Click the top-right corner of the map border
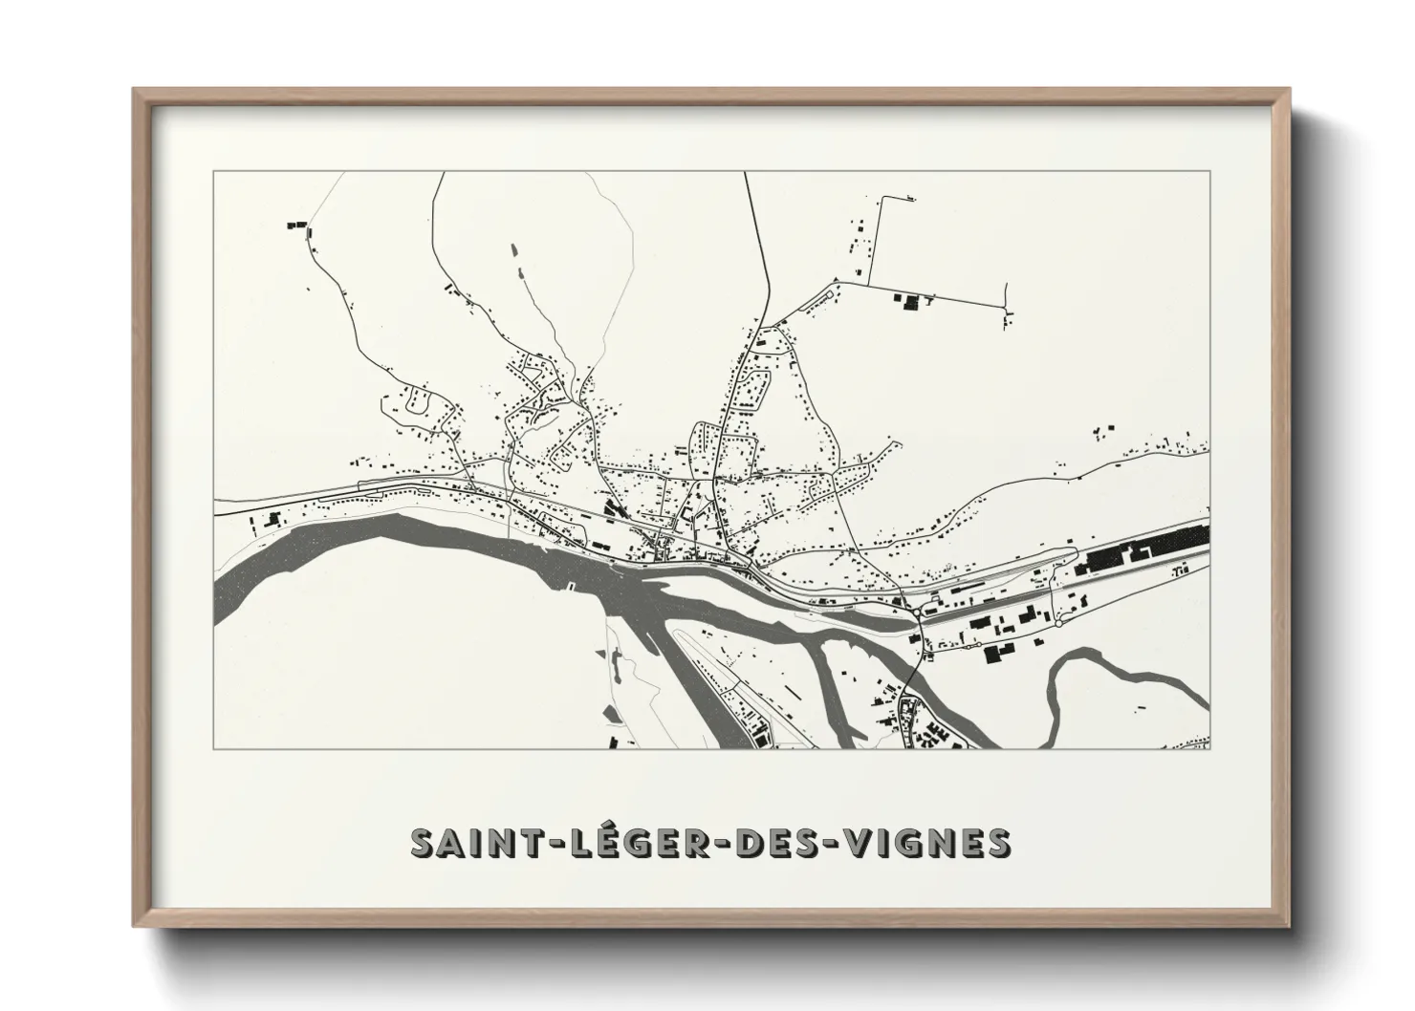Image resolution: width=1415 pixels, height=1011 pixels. click(1209, 171)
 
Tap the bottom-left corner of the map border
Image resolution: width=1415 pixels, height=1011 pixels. click(214, 748)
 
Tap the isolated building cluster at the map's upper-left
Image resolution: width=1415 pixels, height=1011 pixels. click(295, 226)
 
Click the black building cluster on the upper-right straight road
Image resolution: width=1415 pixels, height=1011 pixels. click(908, 303)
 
